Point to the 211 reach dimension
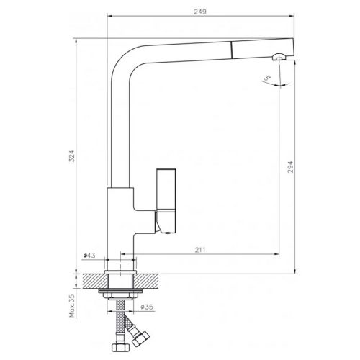[x=199, y=249]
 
